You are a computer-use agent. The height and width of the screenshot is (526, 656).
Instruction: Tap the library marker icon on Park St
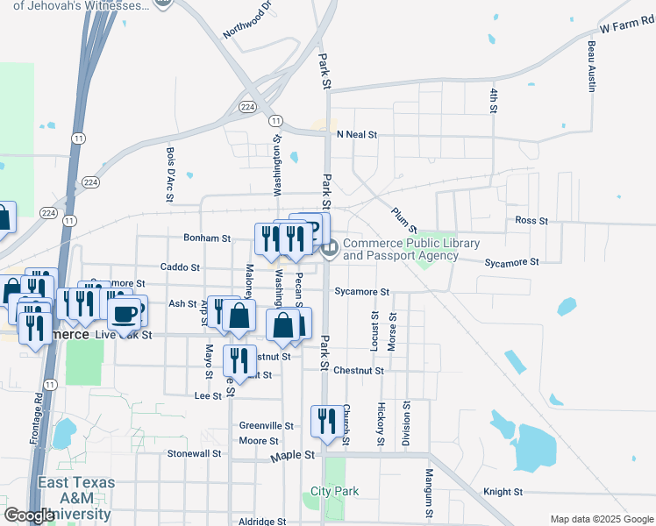tap(331, 250)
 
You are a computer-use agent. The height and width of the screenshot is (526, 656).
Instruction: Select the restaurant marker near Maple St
tap(327, 422)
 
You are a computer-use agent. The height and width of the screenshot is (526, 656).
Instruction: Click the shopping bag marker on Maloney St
tap(239, 316)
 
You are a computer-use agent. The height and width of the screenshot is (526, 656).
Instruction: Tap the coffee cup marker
tap(125, 312)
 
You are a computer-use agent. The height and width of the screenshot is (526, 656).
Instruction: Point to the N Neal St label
tap(356, 135)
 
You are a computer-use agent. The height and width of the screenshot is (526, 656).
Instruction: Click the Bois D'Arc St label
tap(170, 174)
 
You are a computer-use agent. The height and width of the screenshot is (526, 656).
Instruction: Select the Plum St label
tap(403, 216)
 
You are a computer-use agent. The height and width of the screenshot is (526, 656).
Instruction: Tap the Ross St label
tap(531, 221)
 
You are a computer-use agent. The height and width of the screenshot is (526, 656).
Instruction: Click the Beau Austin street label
tap(592, 67)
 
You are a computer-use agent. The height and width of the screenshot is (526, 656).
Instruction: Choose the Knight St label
tap(503, 493)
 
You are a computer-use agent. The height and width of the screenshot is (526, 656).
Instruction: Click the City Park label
tap(335, 492)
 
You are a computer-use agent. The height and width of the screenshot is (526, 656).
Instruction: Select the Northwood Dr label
tap(248, 19)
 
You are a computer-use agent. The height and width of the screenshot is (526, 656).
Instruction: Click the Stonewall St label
tap(195, 454)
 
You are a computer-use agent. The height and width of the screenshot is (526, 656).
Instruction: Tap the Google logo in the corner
tap(29, 515)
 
